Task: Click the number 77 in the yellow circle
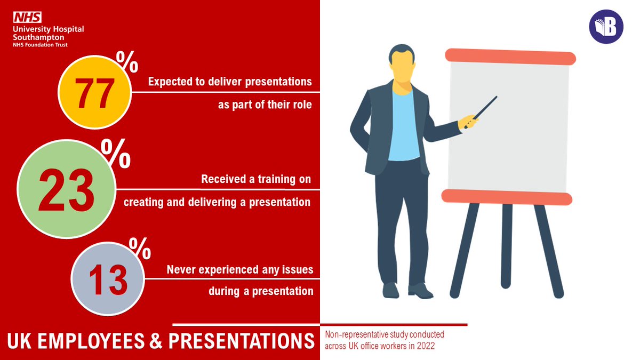click(x=94, y=93)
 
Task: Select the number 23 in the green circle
click(x=66, y=189)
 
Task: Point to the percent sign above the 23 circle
click(x=116, y=155)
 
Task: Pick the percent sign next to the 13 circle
click(x=140, y=247)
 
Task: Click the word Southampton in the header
click(x=39, y=37)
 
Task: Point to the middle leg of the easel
click(x=507, y=245)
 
